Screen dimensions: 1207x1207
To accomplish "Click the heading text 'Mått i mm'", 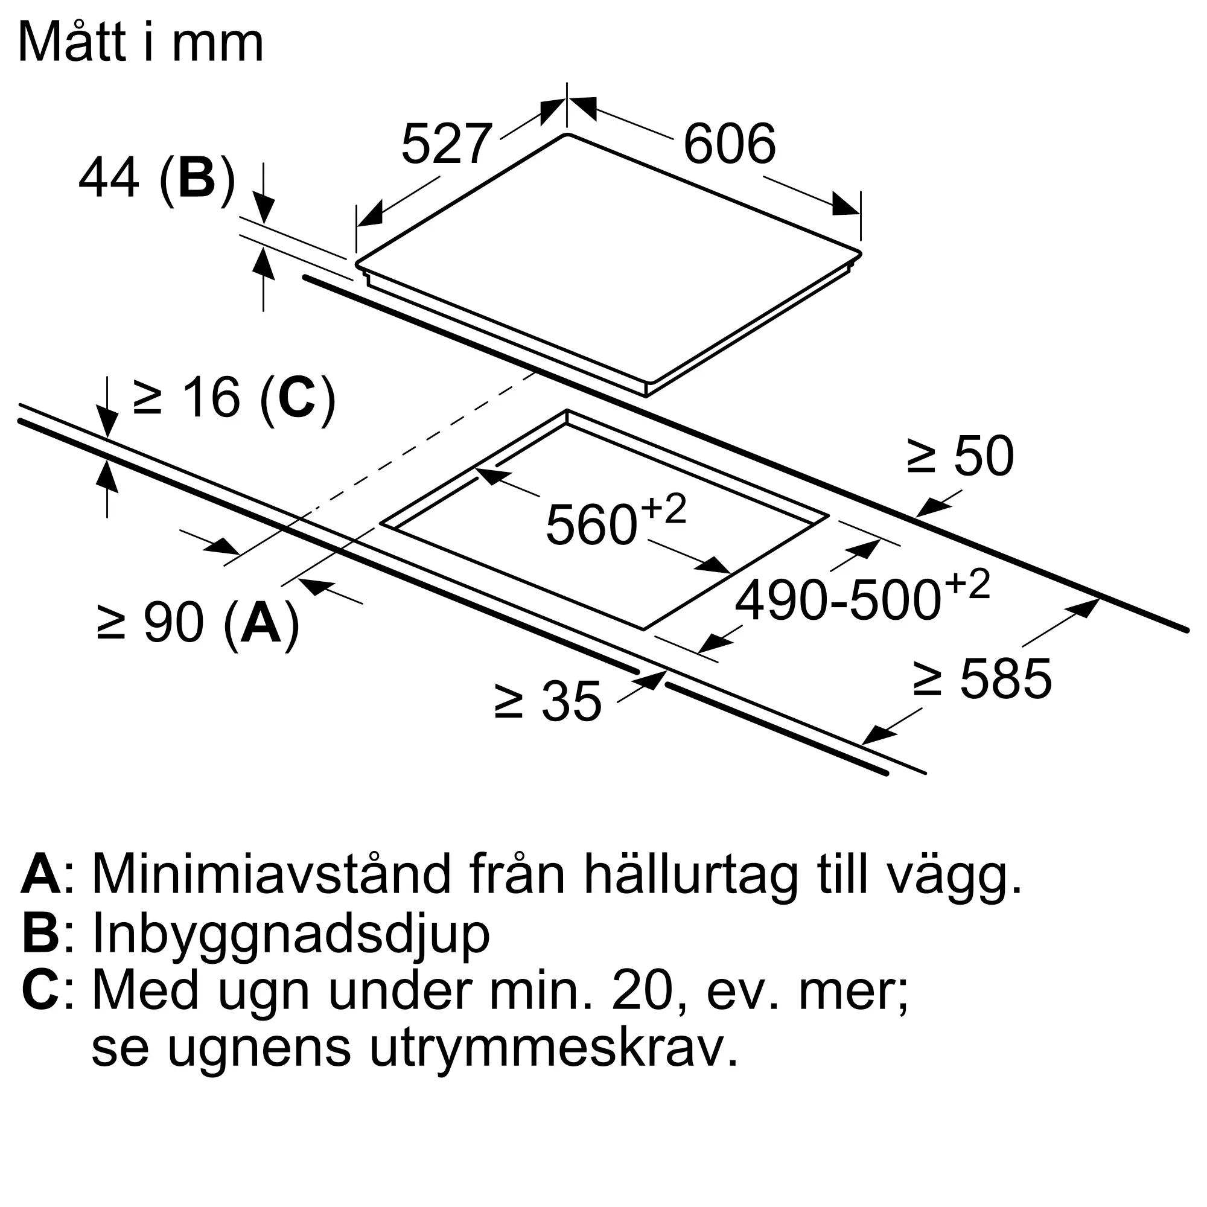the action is [x=141, y=42].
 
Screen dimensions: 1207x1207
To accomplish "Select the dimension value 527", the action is [x=446, y=144].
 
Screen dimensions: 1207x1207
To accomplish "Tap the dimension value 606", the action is [x=729, y=144].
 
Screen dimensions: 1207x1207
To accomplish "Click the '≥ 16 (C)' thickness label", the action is [x=234, y=397].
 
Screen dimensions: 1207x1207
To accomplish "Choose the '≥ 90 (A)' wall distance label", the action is [x=199, y=623].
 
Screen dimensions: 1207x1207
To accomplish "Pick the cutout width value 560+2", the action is [x=616, y=521].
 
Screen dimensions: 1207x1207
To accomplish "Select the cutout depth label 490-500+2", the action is [x=862, y=597].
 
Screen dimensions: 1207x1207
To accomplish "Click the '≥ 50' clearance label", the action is [x=960, y=456].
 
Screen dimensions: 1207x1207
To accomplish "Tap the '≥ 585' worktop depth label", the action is [x=982, y=679].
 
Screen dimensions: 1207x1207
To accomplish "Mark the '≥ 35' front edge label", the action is [x=548, y=702].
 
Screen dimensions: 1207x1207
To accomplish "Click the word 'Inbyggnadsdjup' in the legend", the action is [x=290, y=935].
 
